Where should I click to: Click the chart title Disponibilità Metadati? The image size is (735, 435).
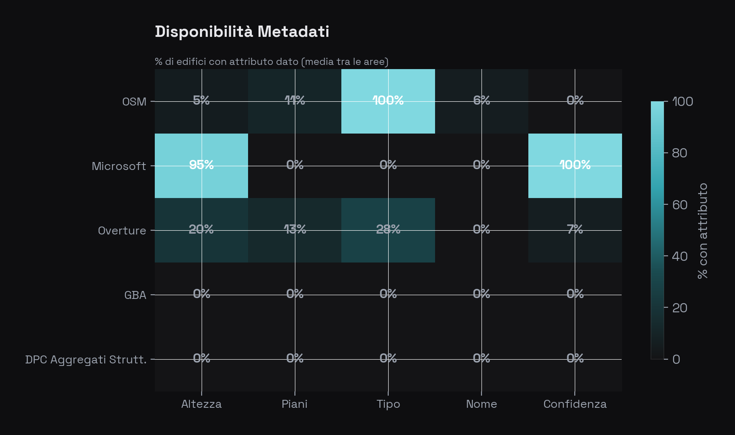tap(242, 32)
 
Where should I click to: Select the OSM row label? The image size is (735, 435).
tap(134, 102)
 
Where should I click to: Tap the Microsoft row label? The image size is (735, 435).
tap(119, 166)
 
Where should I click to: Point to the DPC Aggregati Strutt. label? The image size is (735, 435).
tap(86, 360)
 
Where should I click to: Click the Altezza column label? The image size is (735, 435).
tap(201, 404)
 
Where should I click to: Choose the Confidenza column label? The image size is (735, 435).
tap(575, 404)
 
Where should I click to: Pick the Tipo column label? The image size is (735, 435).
tap(388, 404)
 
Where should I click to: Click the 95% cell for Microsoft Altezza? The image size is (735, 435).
tap(201, 165)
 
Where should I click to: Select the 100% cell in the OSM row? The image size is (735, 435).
tap(388, 100)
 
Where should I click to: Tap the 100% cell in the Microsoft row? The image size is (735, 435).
tap(575, 165)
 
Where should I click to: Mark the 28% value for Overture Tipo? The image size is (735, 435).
tap(388, 229)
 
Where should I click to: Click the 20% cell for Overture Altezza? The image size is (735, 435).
tap(201, 229)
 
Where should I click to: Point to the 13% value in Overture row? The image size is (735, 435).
tap(295, 229)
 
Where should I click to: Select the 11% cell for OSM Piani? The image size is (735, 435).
tap(295, 100)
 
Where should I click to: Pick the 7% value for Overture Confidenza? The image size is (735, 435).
tap(575, 229)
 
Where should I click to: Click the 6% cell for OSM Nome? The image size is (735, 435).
tap(481, 100)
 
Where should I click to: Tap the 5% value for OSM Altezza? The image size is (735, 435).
tap(201, 100)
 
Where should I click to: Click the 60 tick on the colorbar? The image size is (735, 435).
tap(679, 205)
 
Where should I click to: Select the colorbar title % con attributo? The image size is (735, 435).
tap(703, 231)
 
